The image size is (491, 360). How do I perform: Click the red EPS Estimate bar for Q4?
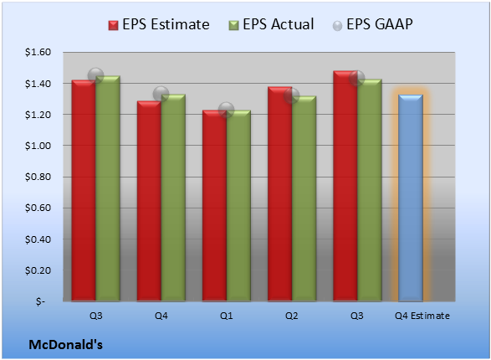click(149, 201)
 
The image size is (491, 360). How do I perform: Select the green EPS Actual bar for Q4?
click(173, 198)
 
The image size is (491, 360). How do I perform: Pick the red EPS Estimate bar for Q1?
click(214, 206)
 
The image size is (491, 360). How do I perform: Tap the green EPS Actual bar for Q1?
click(238, 206)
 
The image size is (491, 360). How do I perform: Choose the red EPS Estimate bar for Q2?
click(279, 194)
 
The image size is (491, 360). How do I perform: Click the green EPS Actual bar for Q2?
click(304, 198)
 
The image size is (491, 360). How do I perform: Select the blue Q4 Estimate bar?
click(411, 198)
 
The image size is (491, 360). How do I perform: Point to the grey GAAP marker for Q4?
click(161, 94)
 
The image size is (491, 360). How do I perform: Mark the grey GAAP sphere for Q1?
click(226, 110)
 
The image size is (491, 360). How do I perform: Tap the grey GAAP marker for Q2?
click(292, 95)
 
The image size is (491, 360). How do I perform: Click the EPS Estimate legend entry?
click(159, 24)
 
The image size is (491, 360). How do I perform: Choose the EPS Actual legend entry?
click(271, 24)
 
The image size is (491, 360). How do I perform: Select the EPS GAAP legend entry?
click(372, 24)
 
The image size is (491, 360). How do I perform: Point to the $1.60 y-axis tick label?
click(38, 52)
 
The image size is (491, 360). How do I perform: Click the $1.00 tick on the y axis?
click(38, 146)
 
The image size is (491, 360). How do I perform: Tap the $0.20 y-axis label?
click(38, 270)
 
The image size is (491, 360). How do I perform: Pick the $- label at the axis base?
click(40, 301)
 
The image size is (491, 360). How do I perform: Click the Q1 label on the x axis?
click(226, 316)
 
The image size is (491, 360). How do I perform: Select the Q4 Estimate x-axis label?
click(422, 316)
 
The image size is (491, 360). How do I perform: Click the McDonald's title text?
click(66, 345)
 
